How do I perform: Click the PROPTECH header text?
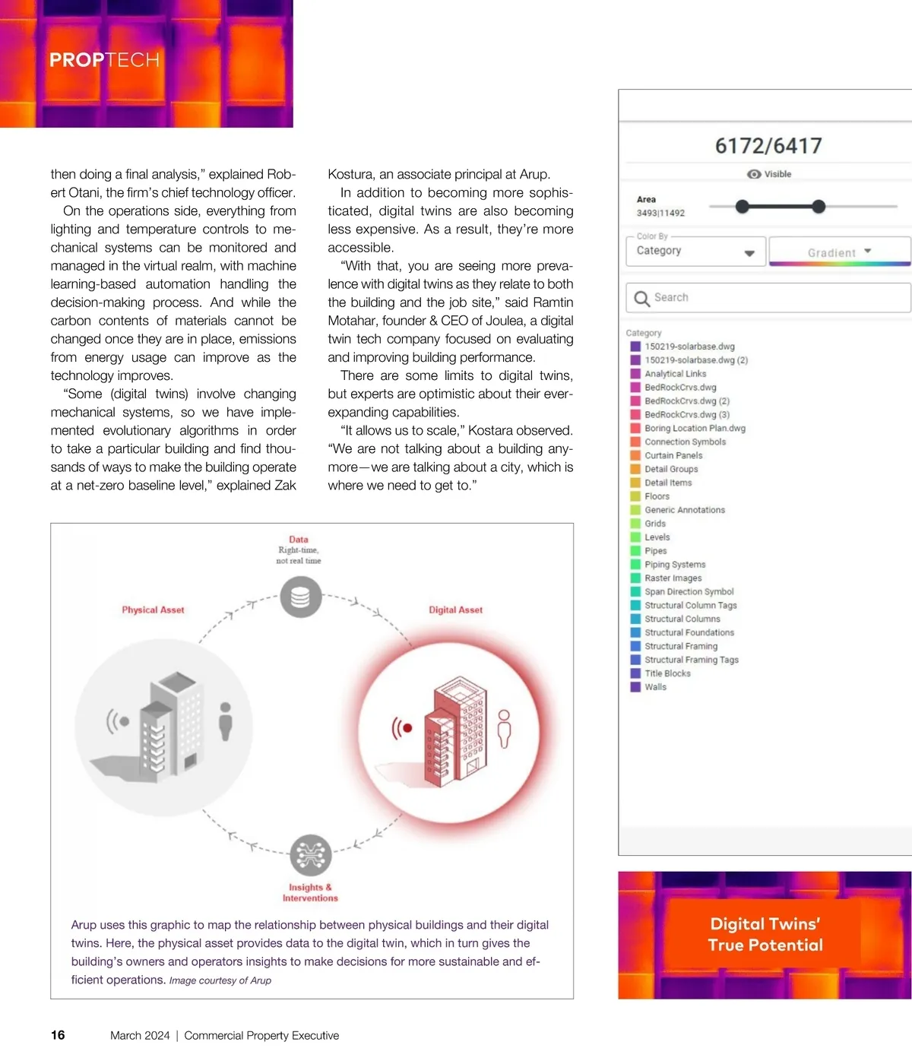104,60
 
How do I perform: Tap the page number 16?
58,1035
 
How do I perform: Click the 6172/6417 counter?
768,146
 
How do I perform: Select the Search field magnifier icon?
642,298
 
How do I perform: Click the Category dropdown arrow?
749,253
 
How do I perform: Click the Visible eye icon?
754,174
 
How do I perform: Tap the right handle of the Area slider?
819,206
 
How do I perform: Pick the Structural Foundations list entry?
689,632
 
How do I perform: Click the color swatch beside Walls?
635,687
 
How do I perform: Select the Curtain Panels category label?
673,455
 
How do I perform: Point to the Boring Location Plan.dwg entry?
695,428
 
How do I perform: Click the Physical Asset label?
153,610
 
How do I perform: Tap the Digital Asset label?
455,610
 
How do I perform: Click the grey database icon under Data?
300,597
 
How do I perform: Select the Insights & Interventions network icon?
310,855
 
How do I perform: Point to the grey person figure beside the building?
225,720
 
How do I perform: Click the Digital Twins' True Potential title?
765,934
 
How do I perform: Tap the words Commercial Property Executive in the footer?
261,1035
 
